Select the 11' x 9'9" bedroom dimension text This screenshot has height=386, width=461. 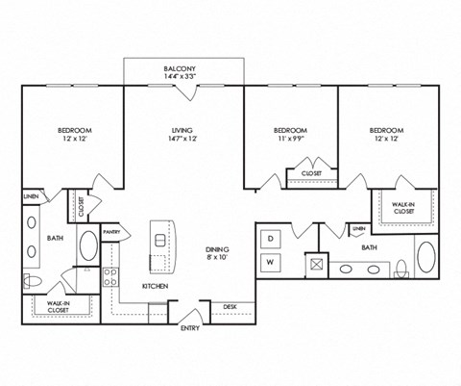290,139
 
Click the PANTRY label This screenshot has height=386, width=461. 111,231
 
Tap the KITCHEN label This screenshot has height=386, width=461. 157,286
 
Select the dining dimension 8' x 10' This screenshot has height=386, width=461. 217,256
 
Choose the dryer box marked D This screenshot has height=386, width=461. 271,237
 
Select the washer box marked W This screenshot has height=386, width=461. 271,261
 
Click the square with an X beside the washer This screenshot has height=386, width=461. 314,262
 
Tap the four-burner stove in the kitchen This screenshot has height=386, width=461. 110,277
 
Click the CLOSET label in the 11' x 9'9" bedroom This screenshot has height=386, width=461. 311,174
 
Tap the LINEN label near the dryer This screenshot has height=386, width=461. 358,228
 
